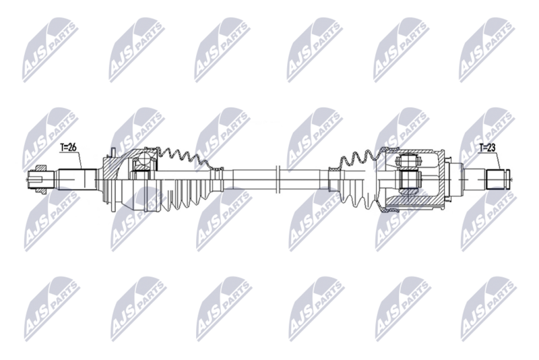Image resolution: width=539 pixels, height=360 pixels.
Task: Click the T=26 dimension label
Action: (67, 148)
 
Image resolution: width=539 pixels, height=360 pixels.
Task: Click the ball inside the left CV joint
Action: (143, 160)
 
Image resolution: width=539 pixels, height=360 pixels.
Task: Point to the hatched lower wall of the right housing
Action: (418, 203)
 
